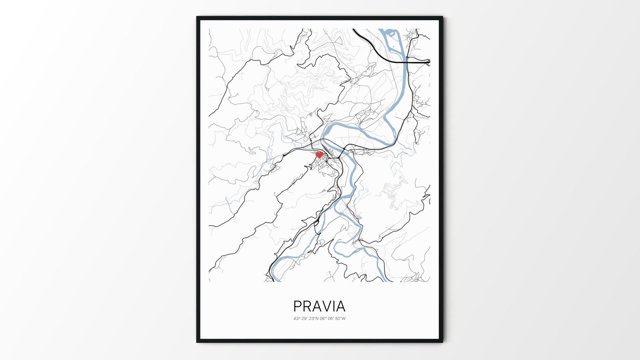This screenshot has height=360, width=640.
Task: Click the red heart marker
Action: (319, 155)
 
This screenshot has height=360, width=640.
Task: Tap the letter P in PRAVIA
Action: (297, 306)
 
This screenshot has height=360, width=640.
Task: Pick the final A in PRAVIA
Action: (341, 306)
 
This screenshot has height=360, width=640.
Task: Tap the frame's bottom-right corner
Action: (442, 342)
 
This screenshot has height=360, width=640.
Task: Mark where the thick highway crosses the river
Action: (406, 61)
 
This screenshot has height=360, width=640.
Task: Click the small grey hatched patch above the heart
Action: (311, 115)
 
